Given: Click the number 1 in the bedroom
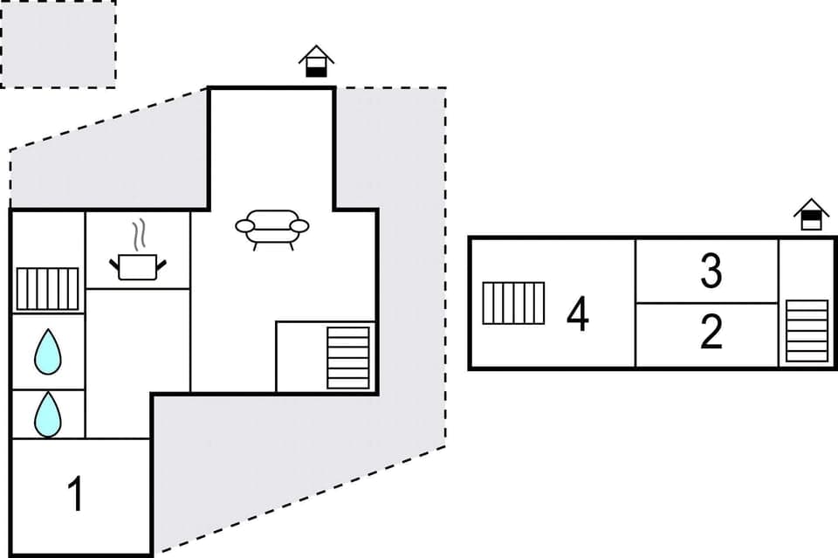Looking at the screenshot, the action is [x=77, y=494].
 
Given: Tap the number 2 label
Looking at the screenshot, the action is [x=711, y=333].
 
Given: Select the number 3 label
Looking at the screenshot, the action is [x=711, y=272].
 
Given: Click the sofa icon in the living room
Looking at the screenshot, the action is [x=271, y=228].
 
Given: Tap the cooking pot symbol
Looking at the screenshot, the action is [x=137, y=265].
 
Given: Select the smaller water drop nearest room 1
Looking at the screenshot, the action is [x=47, y=414].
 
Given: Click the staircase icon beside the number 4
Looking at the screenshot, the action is [x=513, y=303].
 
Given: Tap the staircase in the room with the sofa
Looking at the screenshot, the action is [x=347, y=357].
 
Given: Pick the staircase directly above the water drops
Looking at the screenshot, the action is [x=47, y=289].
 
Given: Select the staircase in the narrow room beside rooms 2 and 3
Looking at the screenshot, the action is [x=807, y=330].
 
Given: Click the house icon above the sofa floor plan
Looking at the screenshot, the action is [x=316, y=61].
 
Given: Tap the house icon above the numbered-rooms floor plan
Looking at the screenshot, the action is [x=811, y=214].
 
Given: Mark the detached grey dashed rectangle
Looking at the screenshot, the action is [x=58, y=44].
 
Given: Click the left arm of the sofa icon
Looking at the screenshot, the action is [x=244, y=226].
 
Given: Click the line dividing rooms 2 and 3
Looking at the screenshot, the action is [x=706, y=303].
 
